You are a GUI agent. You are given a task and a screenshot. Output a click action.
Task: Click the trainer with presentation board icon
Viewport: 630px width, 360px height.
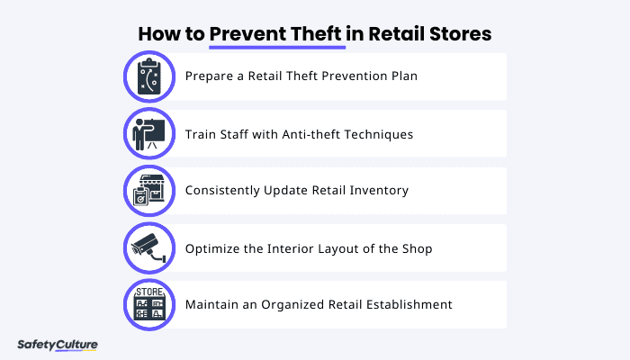pos(147,133)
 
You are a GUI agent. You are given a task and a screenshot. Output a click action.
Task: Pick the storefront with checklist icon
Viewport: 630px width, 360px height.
pos(147,190)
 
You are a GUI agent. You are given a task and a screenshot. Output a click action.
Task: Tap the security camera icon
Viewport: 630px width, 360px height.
pos(147,247)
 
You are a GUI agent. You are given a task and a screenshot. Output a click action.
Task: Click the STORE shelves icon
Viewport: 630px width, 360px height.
pos(147,304)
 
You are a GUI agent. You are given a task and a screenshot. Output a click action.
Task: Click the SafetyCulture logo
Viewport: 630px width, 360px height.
pos(58,345)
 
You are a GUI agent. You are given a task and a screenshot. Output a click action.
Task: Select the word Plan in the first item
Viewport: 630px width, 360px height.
pos(402,76)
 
